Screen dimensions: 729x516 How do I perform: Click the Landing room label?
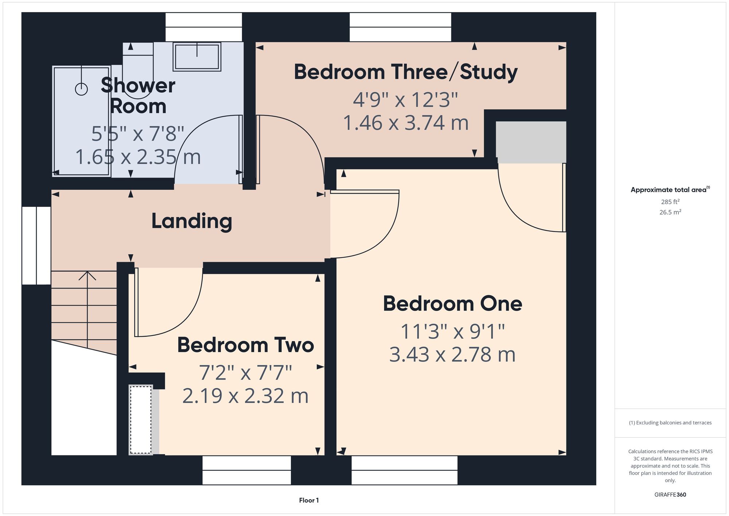point(192,222)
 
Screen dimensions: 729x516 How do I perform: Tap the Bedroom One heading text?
point(452,304)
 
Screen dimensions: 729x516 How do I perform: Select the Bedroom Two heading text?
point(246,345)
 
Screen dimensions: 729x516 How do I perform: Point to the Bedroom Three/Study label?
point(406,72)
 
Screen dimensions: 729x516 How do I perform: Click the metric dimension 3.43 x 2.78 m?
point(452,355)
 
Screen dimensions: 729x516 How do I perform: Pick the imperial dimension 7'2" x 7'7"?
point(246,373)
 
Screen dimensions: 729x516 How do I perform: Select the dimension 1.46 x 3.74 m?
point(406,123)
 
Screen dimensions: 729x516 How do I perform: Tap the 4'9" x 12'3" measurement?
point(405,100)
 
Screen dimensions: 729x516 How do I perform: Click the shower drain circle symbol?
point(81,89)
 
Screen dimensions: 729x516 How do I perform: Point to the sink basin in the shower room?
point(197,57)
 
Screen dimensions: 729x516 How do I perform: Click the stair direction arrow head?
point(87,276)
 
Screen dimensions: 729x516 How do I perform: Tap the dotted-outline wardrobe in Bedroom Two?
point(141,420)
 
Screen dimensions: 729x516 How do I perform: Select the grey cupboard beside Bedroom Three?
point(531,142)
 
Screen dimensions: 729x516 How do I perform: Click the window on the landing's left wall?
point(36,246)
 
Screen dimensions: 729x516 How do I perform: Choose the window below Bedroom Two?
point(247,470)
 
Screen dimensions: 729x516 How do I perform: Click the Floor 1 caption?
point(309,500)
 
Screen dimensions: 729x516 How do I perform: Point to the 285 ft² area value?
point(670,202)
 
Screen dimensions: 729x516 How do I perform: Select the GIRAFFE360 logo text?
point(670,495)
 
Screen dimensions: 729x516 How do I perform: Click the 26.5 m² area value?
point(670,212)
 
